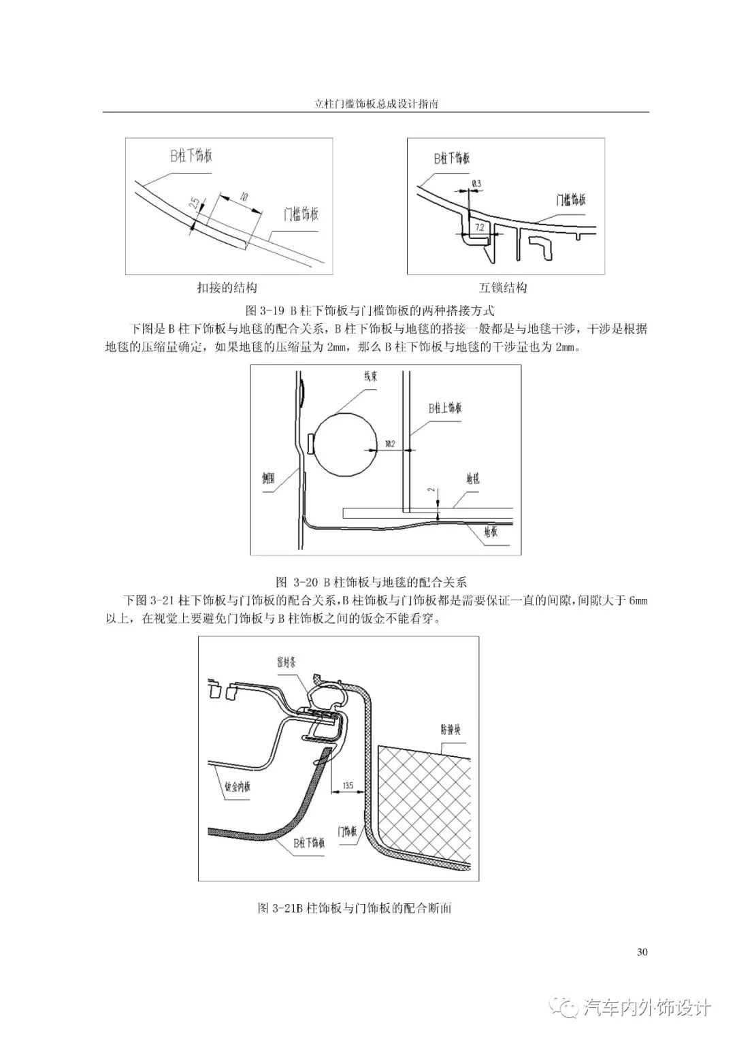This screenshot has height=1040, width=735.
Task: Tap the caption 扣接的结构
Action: [x=227, y=287]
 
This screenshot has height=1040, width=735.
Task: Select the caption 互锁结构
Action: [x=503, y=287]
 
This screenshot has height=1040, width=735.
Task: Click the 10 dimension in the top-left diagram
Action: [x=242, y=197]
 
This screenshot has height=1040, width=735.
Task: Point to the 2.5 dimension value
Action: [x=195, y=205]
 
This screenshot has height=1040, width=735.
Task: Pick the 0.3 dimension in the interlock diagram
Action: [x=476, y=184]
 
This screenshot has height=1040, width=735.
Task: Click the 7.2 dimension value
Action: [x=479, y=227]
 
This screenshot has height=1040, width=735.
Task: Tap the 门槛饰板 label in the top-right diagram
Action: [x=570, y=199]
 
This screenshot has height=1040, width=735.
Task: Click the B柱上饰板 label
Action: [x=445, y=408]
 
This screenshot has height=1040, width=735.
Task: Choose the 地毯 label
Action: [x=473, y=478]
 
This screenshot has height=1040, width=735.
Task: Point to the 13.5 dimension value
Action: [x=348, y=785]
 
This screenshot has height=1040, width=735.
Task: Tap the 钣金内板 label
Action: [x=238, y=787]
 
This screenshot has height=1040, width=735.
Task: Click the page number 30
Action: [x=641, y=952]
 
